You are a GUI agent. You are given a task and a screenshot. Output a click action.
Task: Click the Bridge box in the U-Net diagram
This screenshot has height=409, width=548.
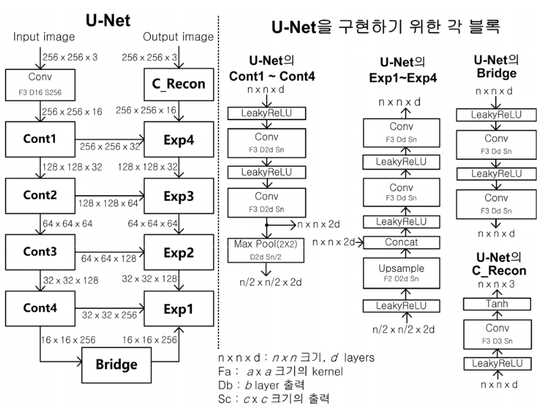tap(115, 364)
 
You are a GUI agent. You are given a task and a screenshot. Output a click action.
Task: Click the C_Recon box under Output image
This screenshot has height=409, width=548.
tap(179, 84)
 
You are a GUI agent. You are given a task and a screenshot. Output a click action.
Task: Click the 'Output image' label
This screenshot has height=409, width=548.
tap(178, 36)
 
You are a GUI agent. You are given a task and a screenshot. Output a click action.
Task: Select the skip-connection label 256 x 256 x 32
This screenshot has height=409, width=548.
tap(110, 145)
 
